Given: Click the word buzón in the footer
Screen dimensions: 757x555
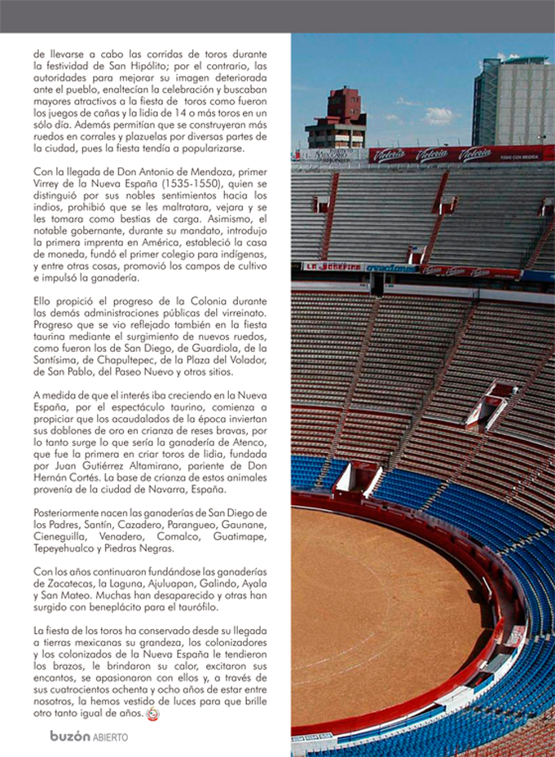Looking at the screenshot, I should [x=68, y=736].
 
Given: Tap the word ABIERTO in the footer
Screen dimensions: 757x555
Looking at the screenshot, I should [x=109, y=737].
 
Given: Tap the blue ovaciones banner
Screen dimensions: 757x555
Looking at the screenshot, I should [x=392, y=267].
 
